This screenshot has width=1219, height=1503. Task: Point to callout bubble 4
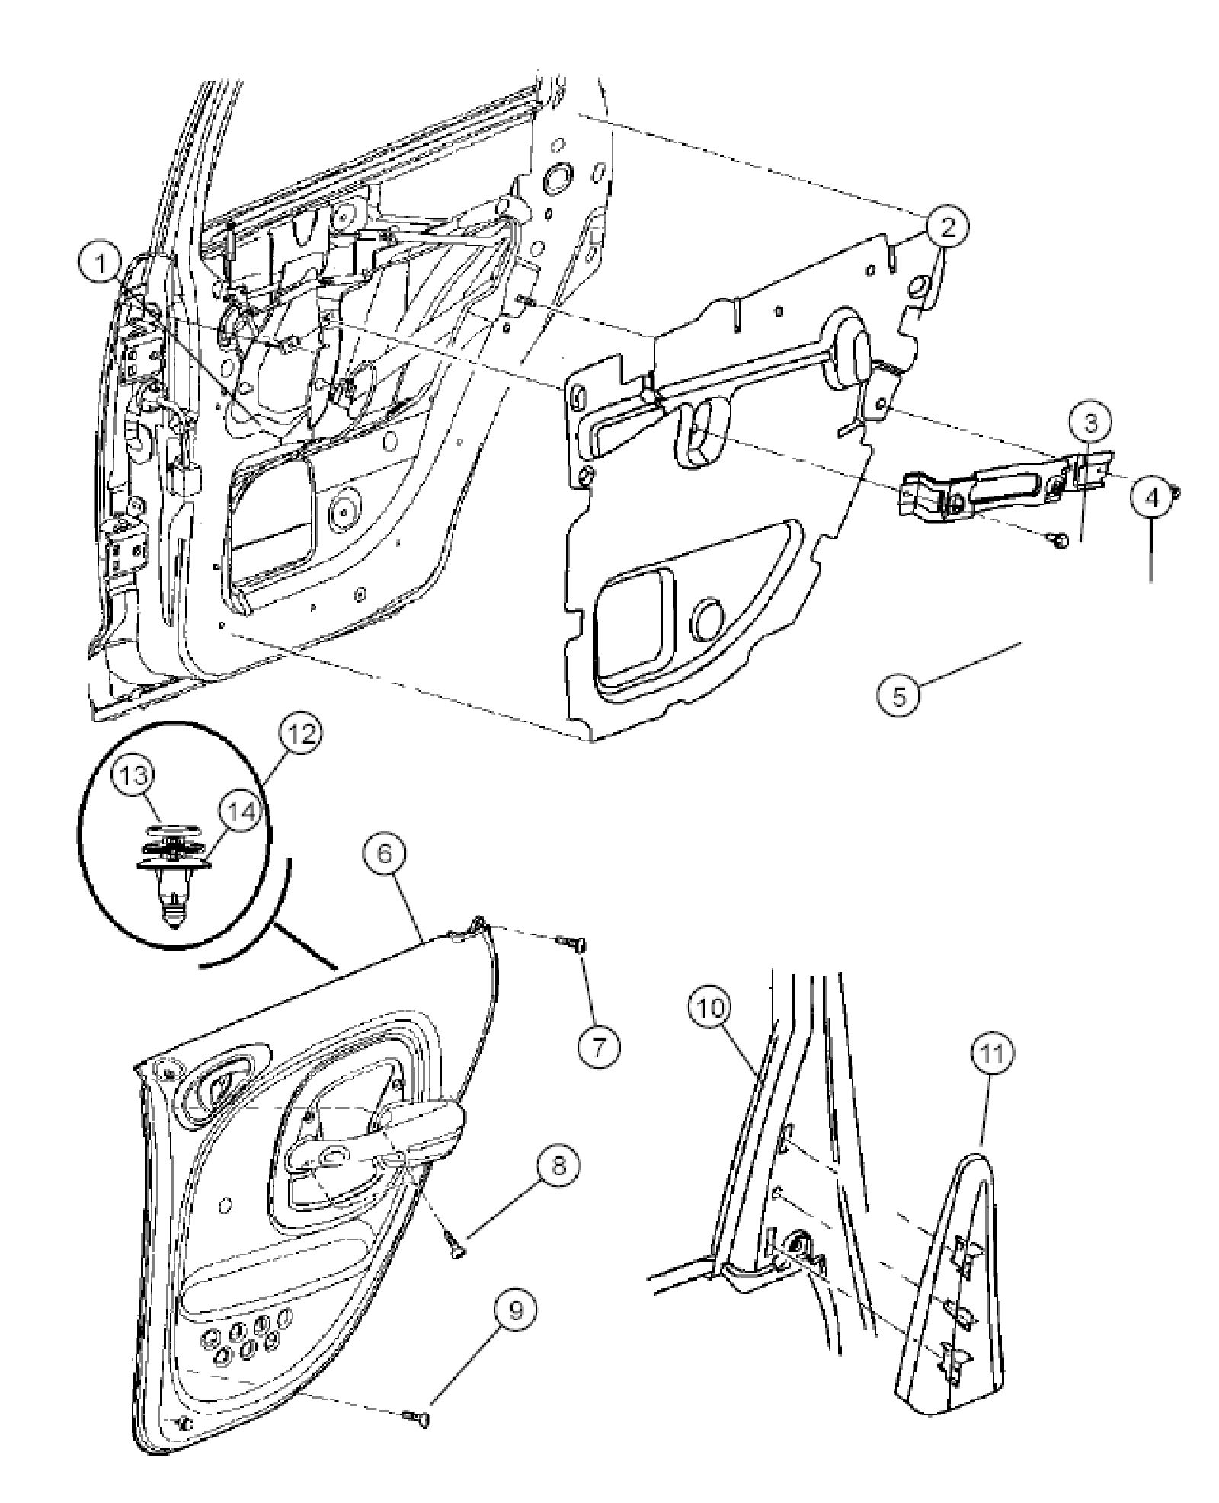[1151, 498]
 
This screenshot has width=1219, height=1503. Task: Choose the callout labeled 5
[900, 696]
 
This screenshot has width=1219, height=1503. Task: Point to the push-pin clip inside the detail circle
[174, 887]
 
